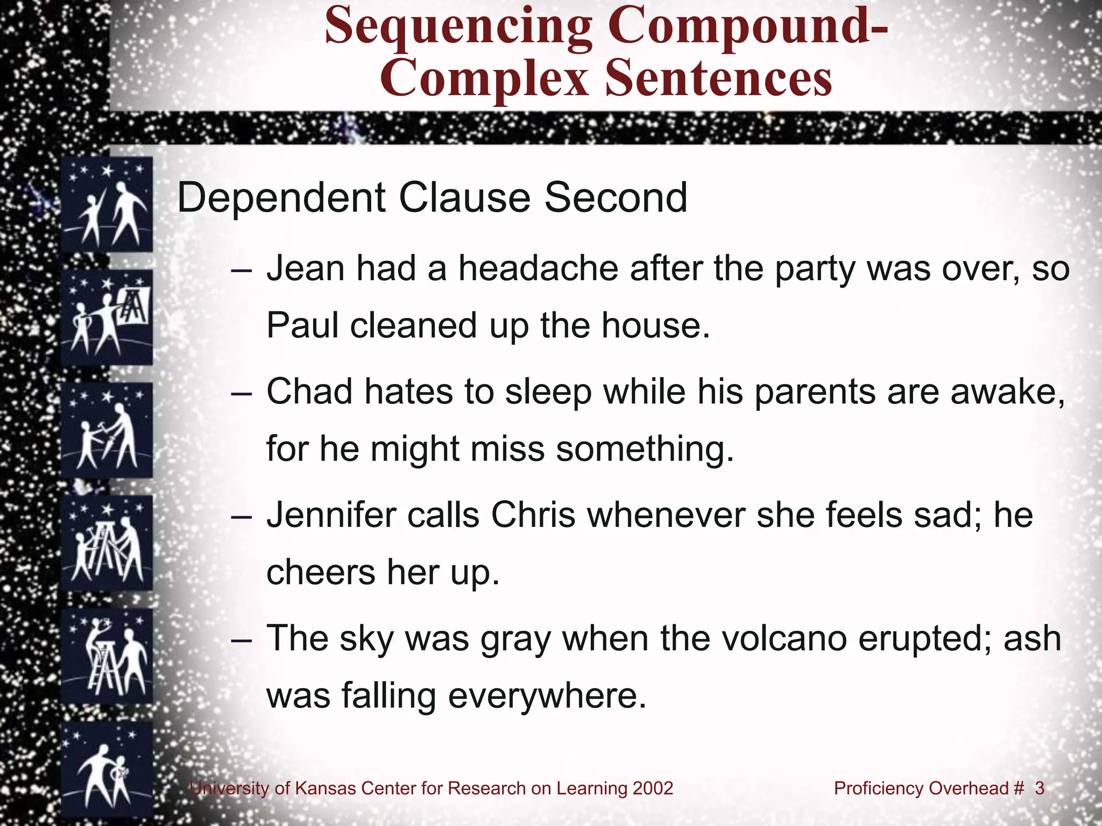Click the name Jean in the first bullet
305,268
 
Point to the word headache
538,268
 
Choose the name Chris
532,515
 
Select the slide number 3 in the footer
1039,788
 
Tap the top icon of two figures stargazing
107,204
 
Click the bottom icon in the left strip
107,770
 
